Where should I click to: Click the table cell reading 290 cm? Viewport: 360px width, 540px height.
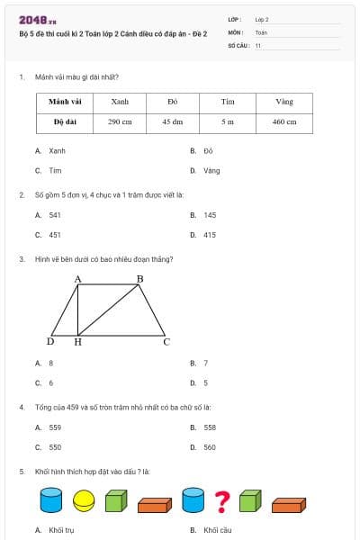pos(120,121)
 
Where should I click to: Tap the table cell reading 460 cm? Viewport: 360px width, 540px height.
pos(284,121)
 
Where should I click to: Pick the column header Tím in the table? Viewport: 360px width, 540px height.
pos(228,102)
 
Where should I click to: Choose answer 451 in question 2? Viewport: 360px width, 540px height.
pos(55,235)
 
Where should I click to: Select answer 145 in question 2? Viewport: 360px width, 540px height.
pos(210,216)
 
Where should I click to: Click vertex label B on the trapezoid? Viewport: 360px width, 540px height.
pos(139,280)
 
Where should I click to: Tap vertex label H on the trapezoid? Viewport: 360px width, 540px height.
pos(77,342)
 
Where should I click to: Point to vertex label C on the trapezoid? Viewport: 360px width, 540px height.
pos(166,342)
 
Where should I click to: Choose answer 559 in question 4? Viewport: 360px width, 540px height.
pos(55,427)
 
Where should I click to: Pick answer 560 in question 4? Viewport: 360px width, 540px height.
pos(210,447)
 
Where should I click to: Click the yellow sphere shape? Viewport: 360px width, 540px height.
pos(83,499)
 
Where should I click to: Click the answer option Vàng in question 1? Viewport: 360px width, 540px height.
pos(211,170)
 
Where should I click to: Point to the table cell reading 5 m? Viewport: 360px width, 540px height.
pos(228,121)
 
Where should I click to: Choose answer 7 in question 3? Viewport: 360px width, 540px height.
pos(205,364)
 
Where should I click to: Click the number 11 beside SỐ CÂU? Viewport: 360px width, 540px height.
pos(258,45)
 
